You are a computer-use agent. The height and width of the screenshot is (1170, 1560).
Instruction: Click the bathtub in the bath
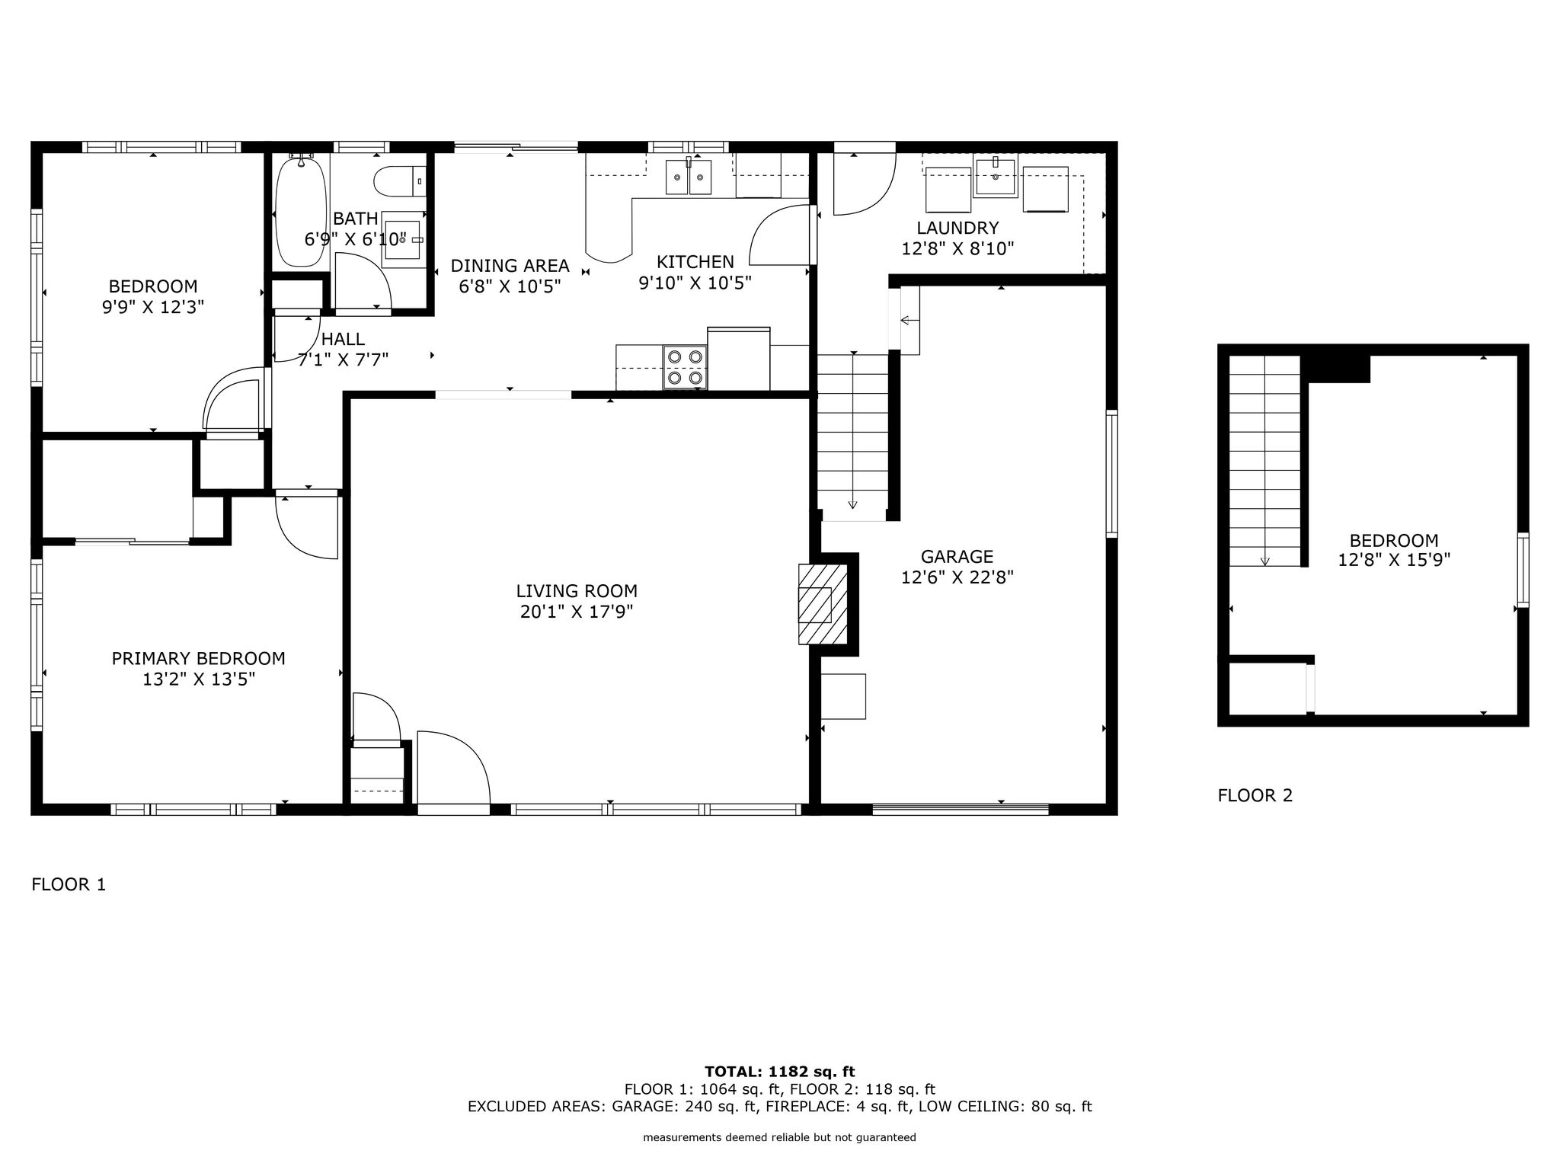point(302,211)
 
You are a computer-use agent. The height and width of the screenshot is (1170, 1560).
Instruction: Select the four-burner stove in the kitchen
point(684,367)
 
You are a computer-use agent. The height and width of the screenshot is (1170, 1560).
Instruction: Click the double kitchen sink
point(689,177)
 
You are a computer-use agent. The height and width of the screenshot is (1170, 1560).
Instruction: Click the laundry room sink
point(995,176)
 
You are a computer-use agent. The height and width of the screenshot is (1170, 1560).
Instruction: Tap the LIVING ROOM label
point(577,591)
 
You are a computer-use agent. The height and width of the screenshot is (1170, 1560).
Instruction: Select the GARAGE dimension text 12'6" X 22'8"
point(957,577)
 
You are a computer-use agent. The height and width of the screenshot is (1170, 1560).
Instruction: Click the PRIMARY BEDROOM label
point(199,658)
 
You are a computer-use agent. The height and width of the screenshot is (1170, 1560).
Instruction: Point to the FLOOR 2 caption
point(1255,795)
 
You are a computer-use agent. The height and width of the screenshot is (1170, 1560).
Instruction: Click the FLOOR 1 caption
point(69,884)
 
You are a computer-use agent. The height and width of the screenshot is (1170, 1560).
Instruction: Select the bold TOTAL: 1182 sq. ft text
point(780,1072)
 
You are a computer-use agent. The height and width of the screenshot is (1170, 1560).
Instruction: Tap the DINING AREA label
point(510,266)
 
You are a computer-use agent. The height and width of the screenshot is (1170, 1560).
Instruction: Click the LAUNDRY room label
point(957,228)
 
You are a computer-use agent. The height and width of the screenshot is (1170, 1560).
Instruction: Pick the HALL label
point(343,339)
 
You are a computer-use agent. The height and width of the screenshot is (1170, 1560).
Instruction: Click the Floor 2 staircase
point(1264,461)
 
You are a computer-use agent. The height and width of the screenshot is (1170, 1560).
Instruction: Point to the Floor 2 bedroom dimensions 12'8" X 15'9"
point(1394,560)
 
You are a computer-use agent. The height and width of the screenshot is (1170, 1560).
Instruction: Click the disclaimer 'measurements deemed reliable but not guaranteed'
point(780,1138)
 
